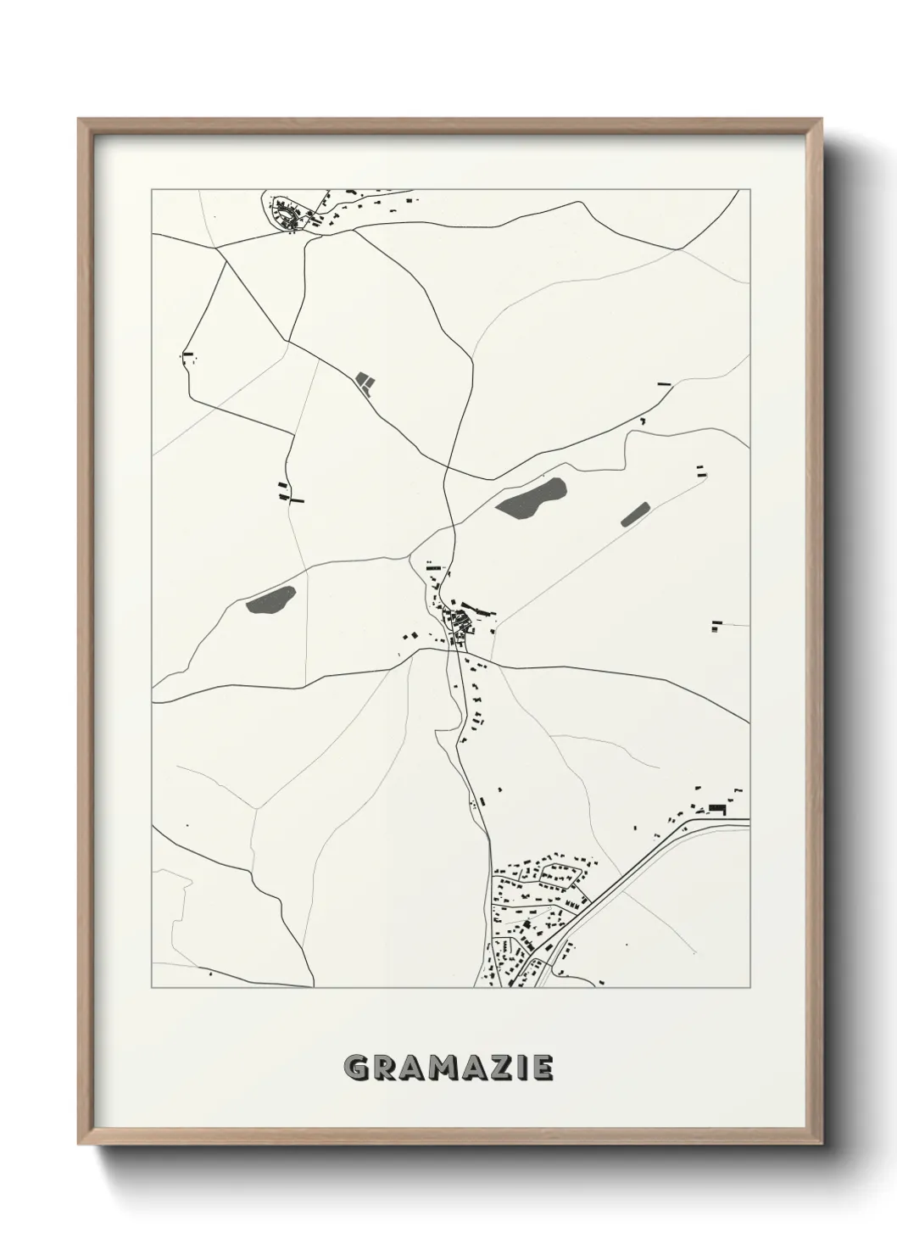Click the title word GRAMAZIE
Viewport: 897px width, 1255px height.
tap(449, 1068)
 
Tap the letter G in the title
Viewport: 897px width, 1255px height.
tap(356, 1068)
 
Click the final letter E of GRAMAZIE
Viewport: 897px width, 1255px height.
tap(543, 1068)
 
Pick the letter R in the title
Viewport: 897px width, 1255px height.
tap(382, 1068)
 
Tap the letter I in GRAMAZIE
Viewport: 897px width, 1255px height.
tap(519, 1068)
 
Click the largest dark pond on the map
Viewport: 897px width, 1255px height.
tap(531, 499)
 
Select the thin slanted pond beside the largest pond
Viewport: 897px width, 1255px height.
tap(634, 514)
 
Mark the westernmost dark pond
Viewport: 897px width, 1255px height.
tap(270, 600)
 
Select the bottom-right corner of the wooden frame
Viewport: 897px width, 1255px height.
tap(821, 1145)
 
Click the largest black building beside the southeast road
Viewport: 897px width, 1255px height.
tap(717, 808)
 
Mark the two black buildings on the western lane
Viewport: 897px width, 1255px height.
tap(289, 493)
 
